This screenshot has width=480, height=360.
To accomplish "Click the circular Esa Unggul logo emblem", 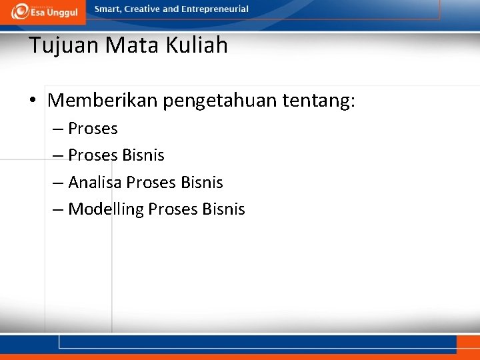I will (x=20, y=11).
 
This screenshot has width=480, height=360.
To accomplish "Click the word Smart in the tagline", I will (x=108, y=9).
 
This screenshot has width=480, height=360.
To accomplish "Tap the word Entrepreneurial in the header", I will (x=215, y=9).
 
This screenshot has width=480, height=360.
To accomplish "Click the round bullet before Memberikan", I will (x=32, y=101).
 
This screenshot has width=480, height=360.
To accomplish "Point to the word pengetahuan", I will (x=220, y=101).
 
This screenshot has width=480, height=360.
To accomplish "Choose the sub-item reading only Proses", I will (x=93, y=129).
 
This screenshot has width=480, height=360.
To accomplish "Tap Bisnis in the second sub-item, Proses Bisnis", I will (x=143, y=155).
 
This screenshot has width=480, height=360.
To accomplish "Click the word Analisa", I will (x=95, y=183).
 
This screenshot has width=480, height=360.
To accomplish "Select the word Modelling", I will (x=106, y=209).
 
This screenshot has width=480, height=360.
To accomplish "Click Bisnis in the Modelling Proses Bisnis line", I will (x=224, y=209).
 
